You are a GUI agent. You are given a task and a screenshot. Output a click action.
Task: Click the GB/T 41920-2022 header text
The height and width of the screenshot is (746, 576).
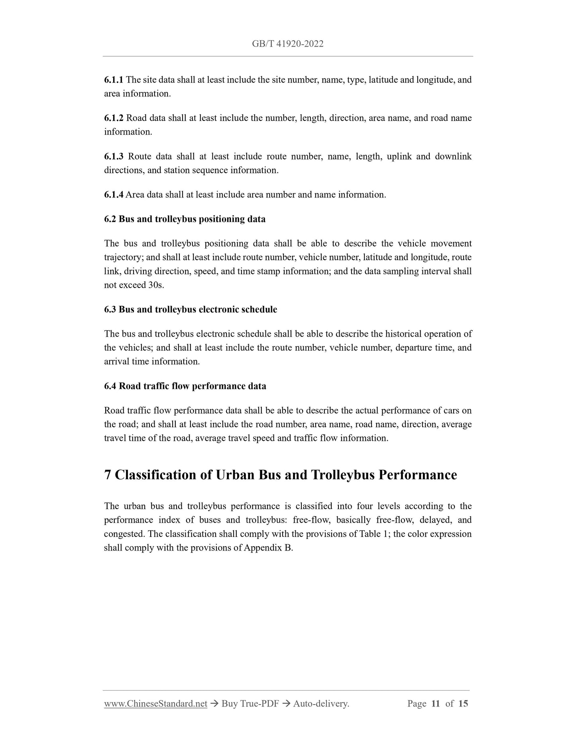click(287, 44)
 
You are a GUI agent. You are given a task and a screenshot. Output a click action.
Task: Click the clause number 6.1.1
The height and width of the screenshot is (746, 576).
click(114, 80)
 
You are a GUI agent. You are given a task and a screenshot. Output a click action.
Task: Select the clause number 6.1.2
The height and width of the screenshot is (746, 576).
click(114, 118)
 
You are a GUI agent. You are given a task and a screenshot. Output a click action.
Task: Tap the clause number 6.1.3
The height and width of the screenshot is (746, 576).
click(114, 156)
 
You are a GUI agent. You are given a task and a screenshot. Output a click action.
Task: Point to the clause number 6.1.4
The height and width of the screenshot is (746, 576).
click(114, 195)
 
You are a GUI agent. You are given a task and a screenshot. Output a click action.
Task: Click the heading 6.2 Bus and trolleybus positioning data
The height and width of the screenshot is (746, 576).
click(185, 219)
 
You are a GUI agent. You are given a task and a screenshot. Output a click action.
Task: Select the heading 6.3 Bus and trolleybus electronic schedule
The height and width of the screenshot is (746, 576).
click(191, 310)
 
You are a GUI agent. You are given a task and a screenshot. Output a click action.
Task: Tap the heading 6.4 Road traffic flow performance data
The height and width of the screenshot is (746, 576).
click(185, 386)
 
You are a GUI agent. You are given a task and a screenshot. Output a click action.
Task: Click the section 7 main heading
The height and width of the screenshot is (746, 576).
click(280, 475)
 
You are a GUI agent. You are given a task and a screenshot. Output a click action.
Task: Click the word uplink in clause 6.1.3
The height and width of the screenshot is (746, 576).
click(399, 156)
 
